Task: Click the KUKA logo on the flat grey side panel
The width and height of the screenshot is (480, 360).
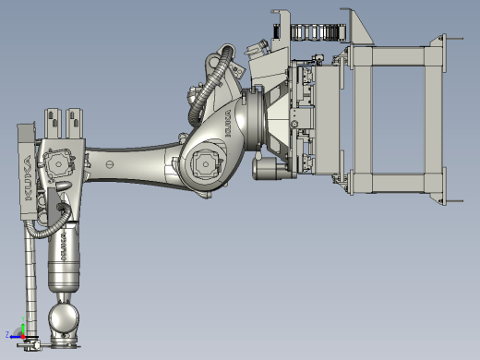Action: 28,178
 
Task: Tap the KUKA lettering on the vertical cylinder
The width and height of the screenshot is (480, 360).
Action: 64,246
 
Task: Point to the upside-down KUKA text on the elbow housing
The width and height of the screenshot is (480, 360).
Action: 228,124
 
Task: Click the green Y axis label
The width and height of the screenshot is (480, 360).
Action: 23,318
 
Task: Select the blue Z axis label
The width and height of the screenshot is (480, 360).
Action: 7,334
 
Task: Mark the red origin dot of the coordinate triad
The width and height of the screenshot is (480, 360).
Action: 23,337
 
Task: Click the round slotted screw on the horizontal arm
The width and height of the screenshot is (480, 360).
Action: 110,164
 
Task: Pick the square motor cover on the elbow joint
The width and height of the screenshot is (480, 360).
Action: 205,163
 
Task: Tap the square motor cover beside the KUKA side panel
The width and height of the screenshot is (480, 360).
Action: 58,163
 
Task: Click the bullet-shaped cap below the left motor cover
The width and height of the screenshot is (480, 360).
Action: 63,186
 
